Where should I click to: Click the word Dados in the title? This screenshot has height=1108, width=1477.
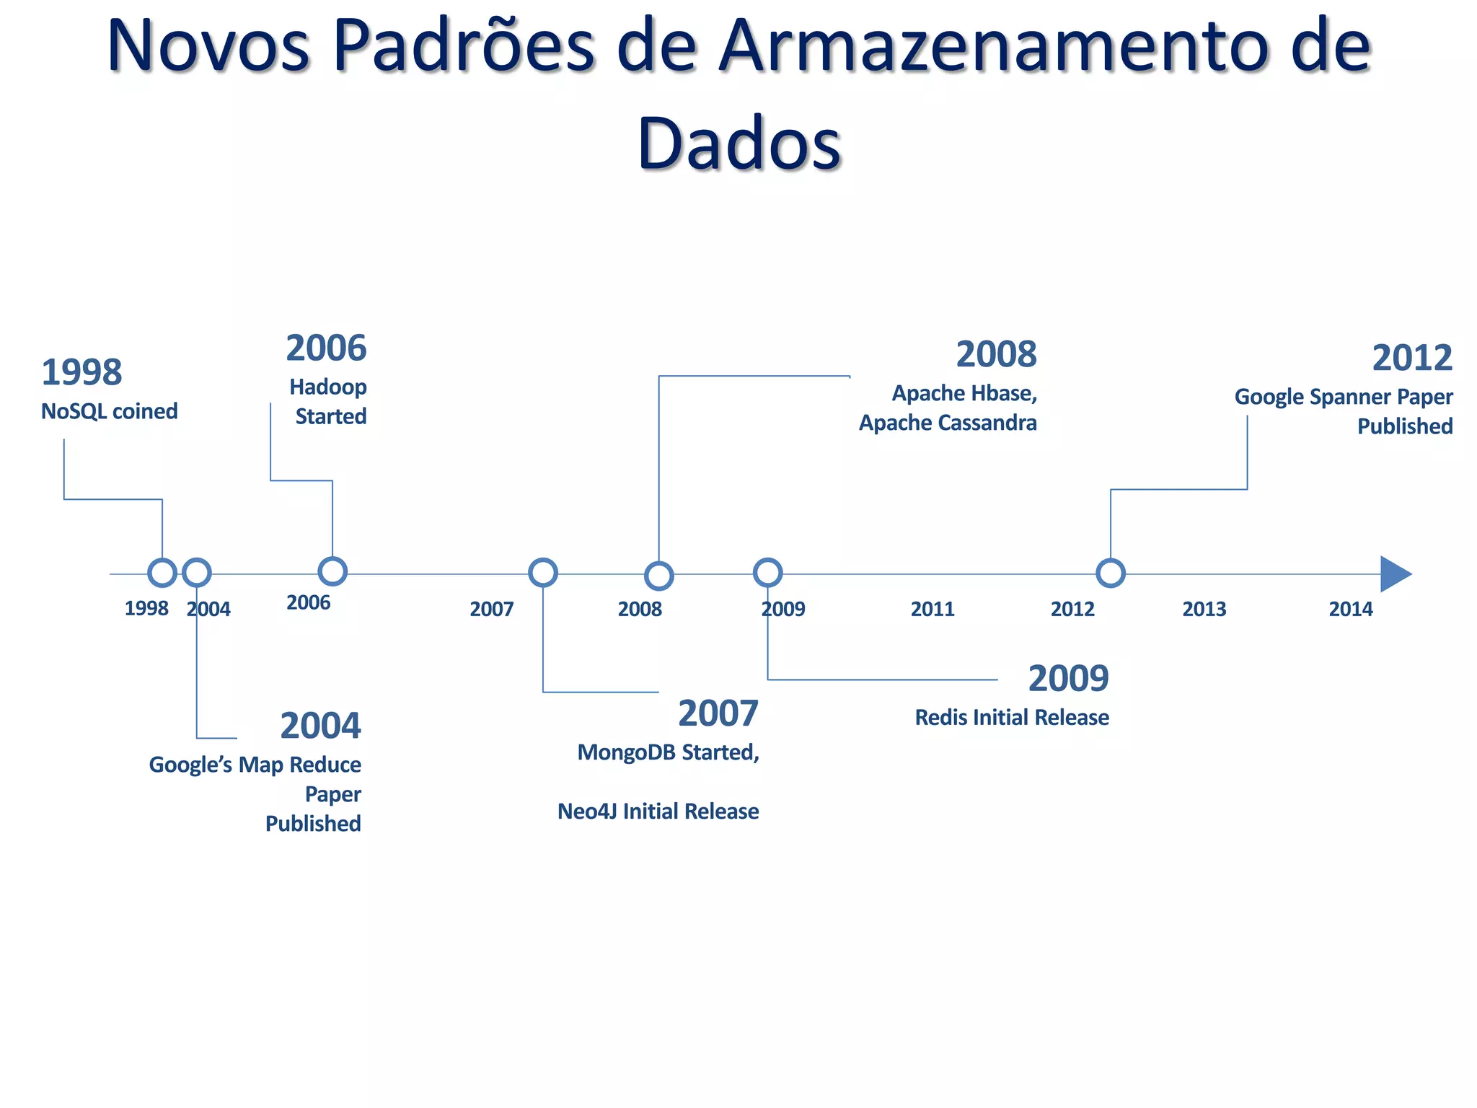click(738, 143)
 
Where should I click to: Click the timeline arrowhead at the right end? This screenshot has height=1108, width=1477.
click(1394, 574)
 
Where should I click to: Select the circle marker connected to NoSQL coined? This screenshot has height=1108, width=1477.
click(162, 573)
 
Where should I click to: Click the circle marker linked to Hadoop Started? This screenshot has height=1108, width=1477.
click(332, 571)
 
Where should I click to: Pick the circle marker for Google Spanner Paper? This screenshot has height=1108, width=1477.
click(1111, 573)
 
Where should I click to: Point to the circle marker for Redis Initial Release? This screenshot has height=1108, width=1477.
click(768, 573)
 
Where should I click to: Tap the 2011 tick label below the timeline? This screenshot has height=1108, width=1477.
click(932, 610)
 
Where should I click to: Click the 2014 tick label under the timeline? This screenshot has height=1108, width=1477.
click(1350, 610)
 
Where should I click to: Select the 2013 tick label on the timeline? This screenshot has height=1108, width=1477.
click(1204, 610)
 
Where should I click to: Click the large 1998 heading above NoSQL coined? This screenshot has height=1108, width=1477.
click(81, 373)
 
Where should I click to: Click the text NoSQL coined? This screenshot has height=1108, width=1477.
click(109, 411)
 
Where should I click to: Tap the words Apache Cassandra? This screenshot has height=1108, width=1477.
click(947, 423)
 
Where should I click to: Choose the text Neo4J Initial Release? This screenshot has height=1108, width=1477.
click(658, 812)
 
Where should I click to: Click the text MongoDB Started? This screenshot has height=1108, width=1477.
click(668, 752)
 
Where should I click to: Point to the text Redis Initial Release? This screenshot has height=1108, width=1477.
click(1012, 718)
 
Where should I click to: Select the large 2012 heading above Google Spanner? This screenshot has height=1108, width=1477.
click(1411, 359)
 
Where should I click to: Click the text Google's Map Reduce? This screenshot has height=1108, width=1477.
click(255, 765)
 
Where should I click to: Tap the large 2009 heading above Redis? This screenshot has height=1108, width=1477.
click(1068, 679)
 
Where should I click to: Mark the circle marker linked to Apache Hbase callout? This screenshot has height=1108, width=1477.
click(658, 576)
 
